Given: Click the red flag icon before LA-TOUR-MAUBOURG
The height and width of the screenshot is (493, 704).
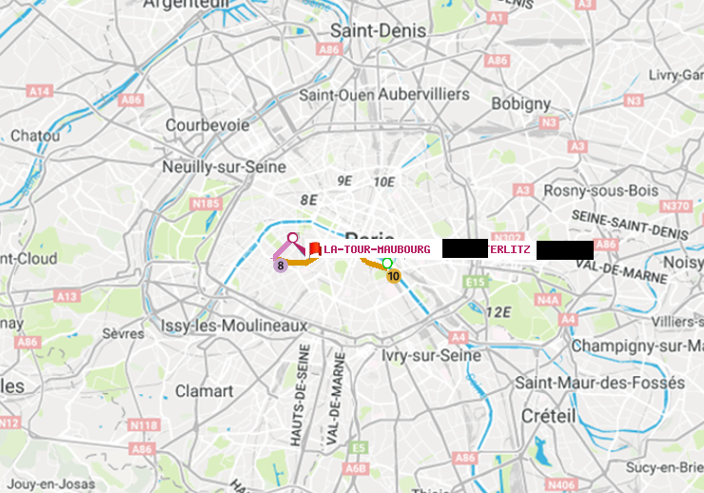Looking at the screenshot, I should point(314,249).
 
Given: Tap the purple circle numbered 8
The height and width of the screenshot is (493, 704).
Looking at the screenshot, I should point(281,266).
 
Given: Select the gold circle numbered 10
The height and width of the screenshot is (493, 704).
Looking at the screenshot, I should point(393,276).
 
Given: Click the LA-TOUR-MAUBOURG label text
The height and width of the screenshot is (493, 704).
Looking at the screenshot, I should point(377,249).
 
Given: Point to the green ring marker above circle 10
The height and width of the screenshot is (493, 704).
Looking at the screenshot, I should point(386,262).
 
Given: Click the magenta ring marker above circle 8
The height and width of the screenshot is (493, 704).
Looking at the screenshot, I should point(293,237).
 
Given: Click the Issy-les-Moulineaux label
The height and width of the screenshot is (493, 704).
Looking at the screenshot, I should point(234,325).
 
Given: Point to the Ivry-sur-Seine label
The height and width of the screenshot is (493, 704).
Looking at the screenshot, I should point(431,355).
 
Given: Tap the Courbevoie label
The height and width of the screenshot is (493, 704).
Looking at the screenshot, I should point(207,125).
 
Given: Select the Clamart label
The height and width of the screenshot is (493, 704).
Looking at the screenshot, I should point(205,390).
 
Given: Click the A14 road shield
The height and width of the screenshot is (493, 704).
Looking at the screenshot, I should point(39,91).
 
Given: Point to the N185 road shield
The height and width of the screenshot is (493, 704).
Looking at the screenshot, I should point(205,203).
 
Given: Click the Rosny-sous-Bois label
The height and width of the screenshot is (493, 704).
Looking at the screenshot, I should point(601,190).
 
